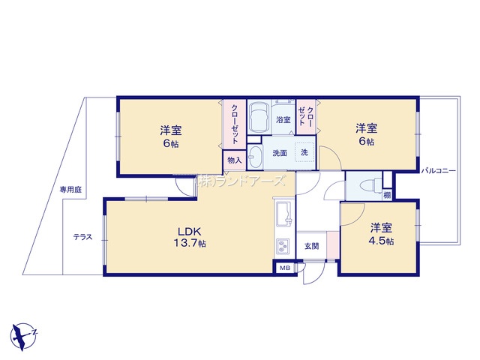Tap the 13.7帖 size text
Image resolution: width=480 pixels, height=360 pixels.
click(x=190, y=243)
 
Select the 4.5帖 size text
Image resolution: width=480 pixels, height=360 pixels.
click(x=381, y=241)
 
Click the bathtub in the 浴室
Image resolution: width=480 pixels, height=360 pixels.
click(x=259, y=117)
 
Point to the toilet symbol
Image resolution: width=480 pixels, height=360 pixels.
click(x=370, y=185)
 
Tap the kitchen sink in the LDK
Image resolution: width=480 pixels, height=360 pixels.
click(x=284, y=214)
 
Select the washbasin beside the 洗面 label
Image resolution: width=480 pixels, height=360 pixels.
click(x=255, y=157)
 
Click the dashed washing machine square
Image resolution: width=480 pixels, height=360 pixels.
click(x=304, y=152)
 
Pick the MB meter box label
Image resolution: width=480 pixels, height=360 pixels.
click(x=285, y=268)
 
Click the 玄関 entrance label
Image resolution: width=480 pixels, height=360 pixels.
click(x=312, y=246)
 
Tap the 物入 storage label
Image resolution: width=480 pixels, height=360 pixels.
click(x=235, y=160)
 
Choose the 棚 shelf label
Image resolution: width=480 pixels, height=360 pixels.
click(x=387, y=195)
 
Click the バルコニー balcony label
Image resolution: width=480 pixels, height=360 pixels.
click(x=438, y=171)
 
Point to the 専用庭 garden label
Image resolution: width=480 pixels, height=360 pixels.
click(x=70, y=190)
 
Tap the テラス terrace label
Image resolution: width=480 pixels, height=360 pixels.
click(x=82, y=237)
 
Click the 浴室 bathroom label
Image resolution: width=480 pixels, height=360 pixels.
click(x=283, y=120)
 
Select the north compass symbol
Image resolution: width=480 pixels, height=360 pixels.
click(x=24, y=336)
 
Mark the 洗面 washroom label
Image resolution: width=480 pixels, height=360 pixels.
click(x=280, y=153)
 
